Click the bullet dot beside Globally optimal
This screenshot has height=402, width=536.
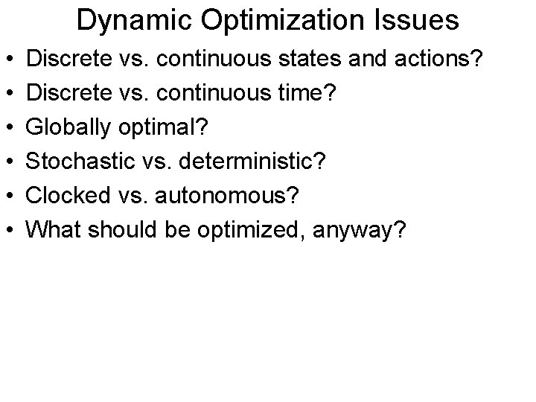tap(10, 127)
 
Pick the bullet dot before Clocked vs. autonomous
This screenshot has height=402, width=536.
tap(10, 197)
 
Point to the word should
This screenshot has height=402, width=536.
tap(119, 231)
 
